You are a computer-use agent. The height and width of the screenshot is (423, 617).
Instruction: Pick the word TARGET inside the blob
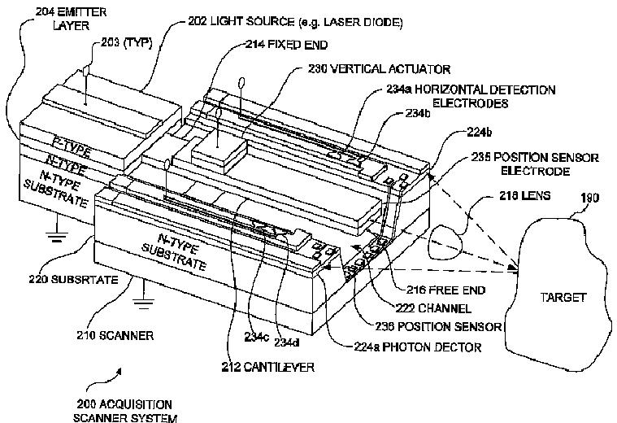(x=563, y=298)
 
